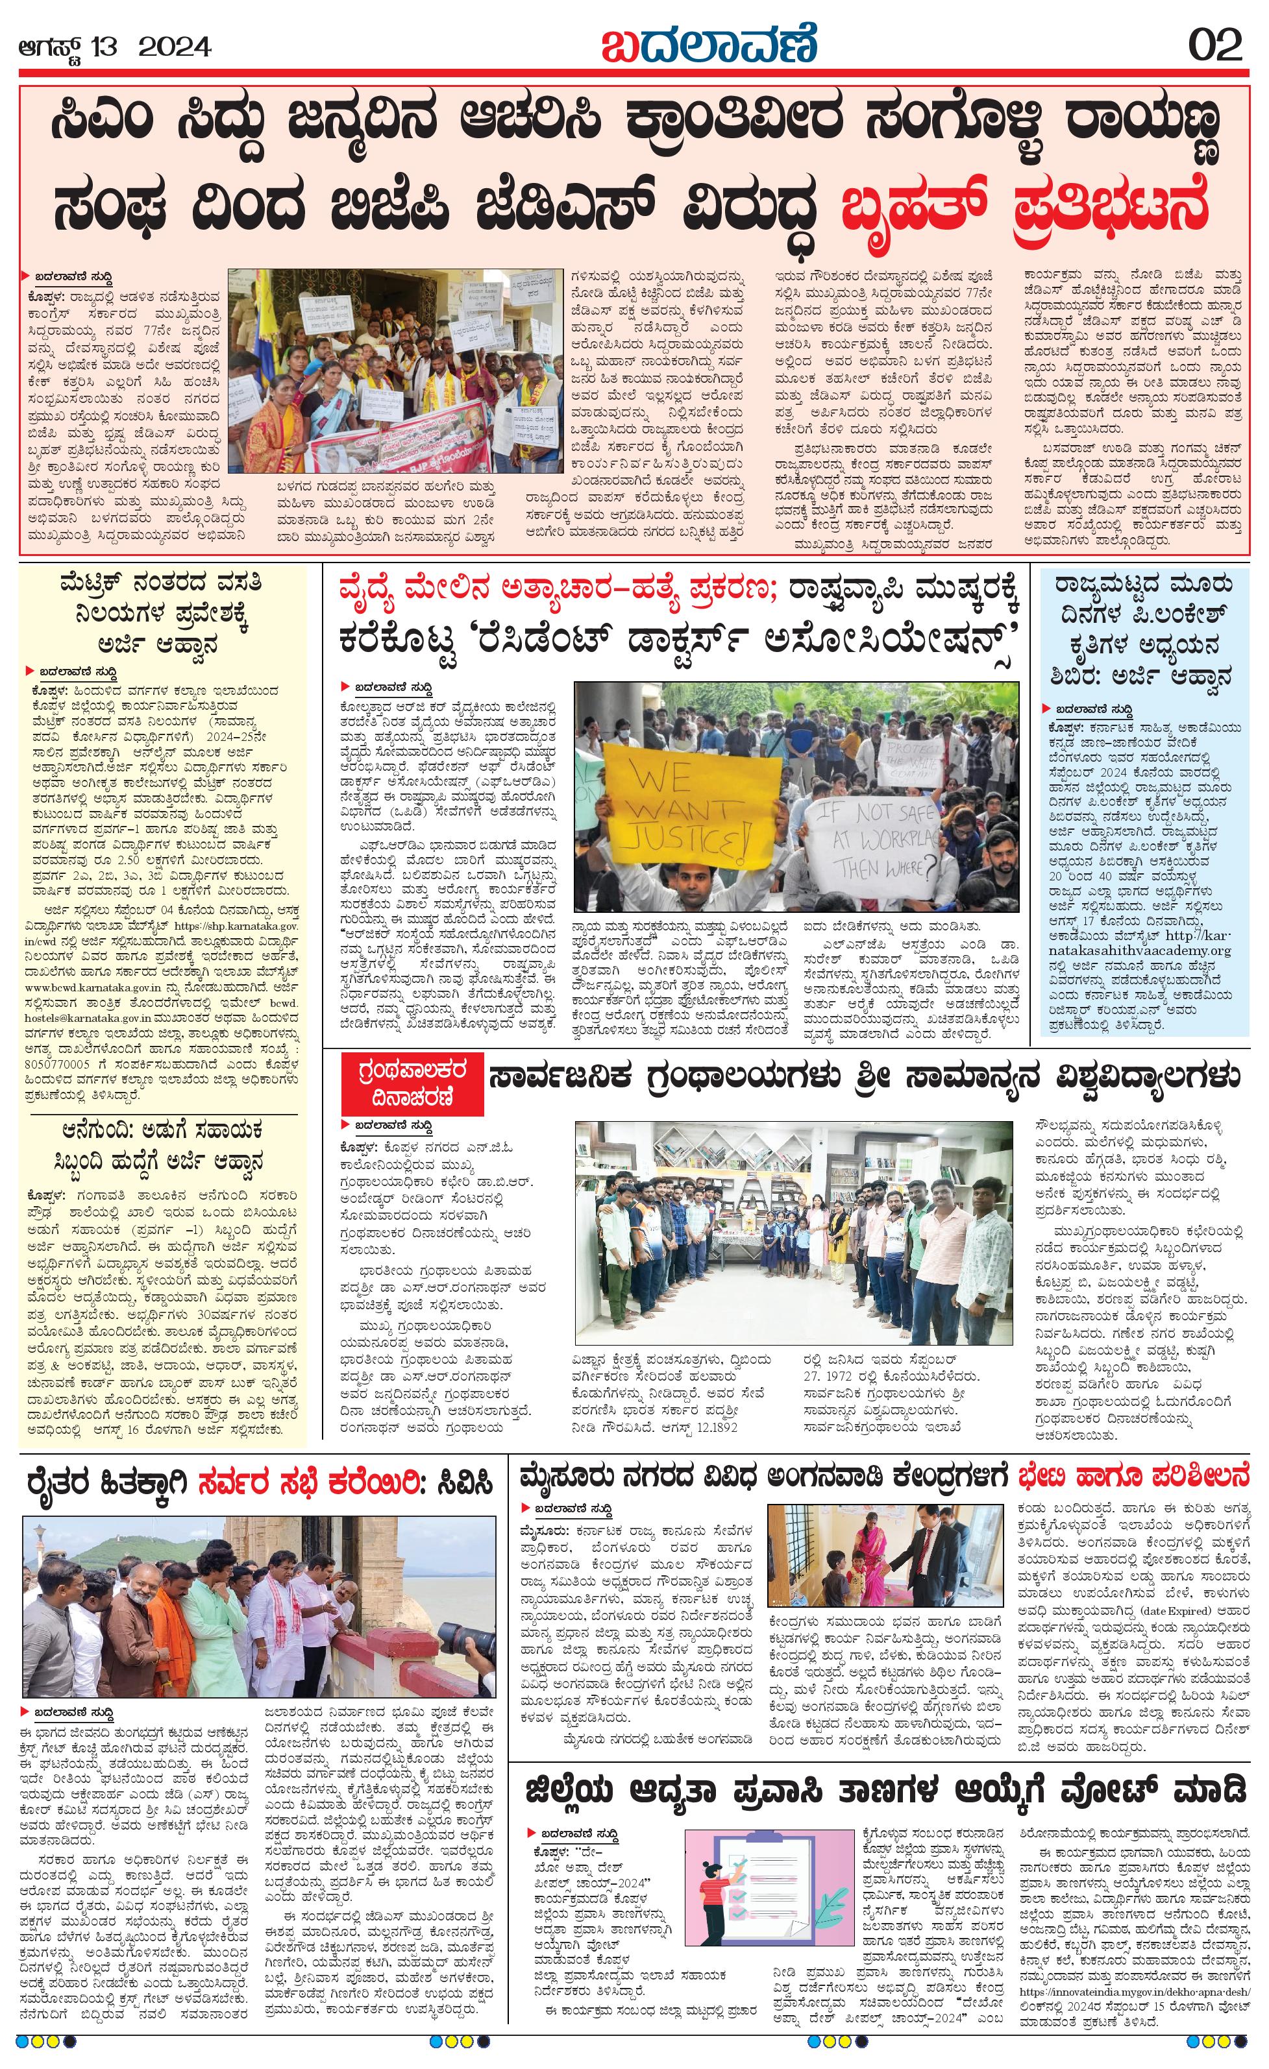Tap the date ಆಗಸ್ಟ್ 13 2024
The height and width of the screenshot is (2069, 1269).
coord(115,46)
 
